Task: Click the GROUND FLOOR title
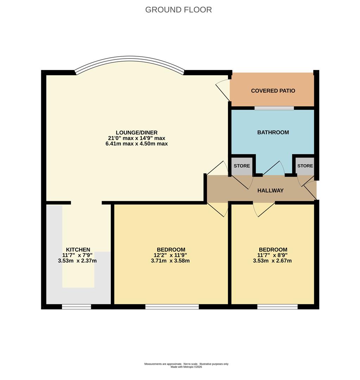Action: [178, 10]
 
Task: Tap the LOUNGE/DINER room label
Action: [137, 133]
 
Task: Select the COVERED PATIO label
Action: [273, 91]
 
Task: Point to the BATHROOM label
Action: [273, 132]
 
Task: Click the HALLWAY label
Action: [270, 190]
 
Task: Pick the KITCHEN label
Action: [78, 249]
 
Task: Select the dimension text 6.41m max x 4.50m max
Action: [137, 144]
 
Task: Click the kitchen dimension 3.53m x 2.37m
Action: [77, 261]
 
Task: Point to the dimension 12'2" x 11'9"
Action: [170, 255]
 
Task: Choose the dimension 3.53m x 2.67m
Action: [272, 261]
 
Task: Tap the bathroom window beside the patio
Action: [274, 108]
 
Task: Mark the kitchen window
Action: [76, 307]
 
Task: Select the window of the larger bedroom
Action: [172, 307]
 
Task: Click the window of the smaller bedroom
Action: [277, 307]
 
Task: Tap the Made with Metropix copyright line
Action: [186, 367]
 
